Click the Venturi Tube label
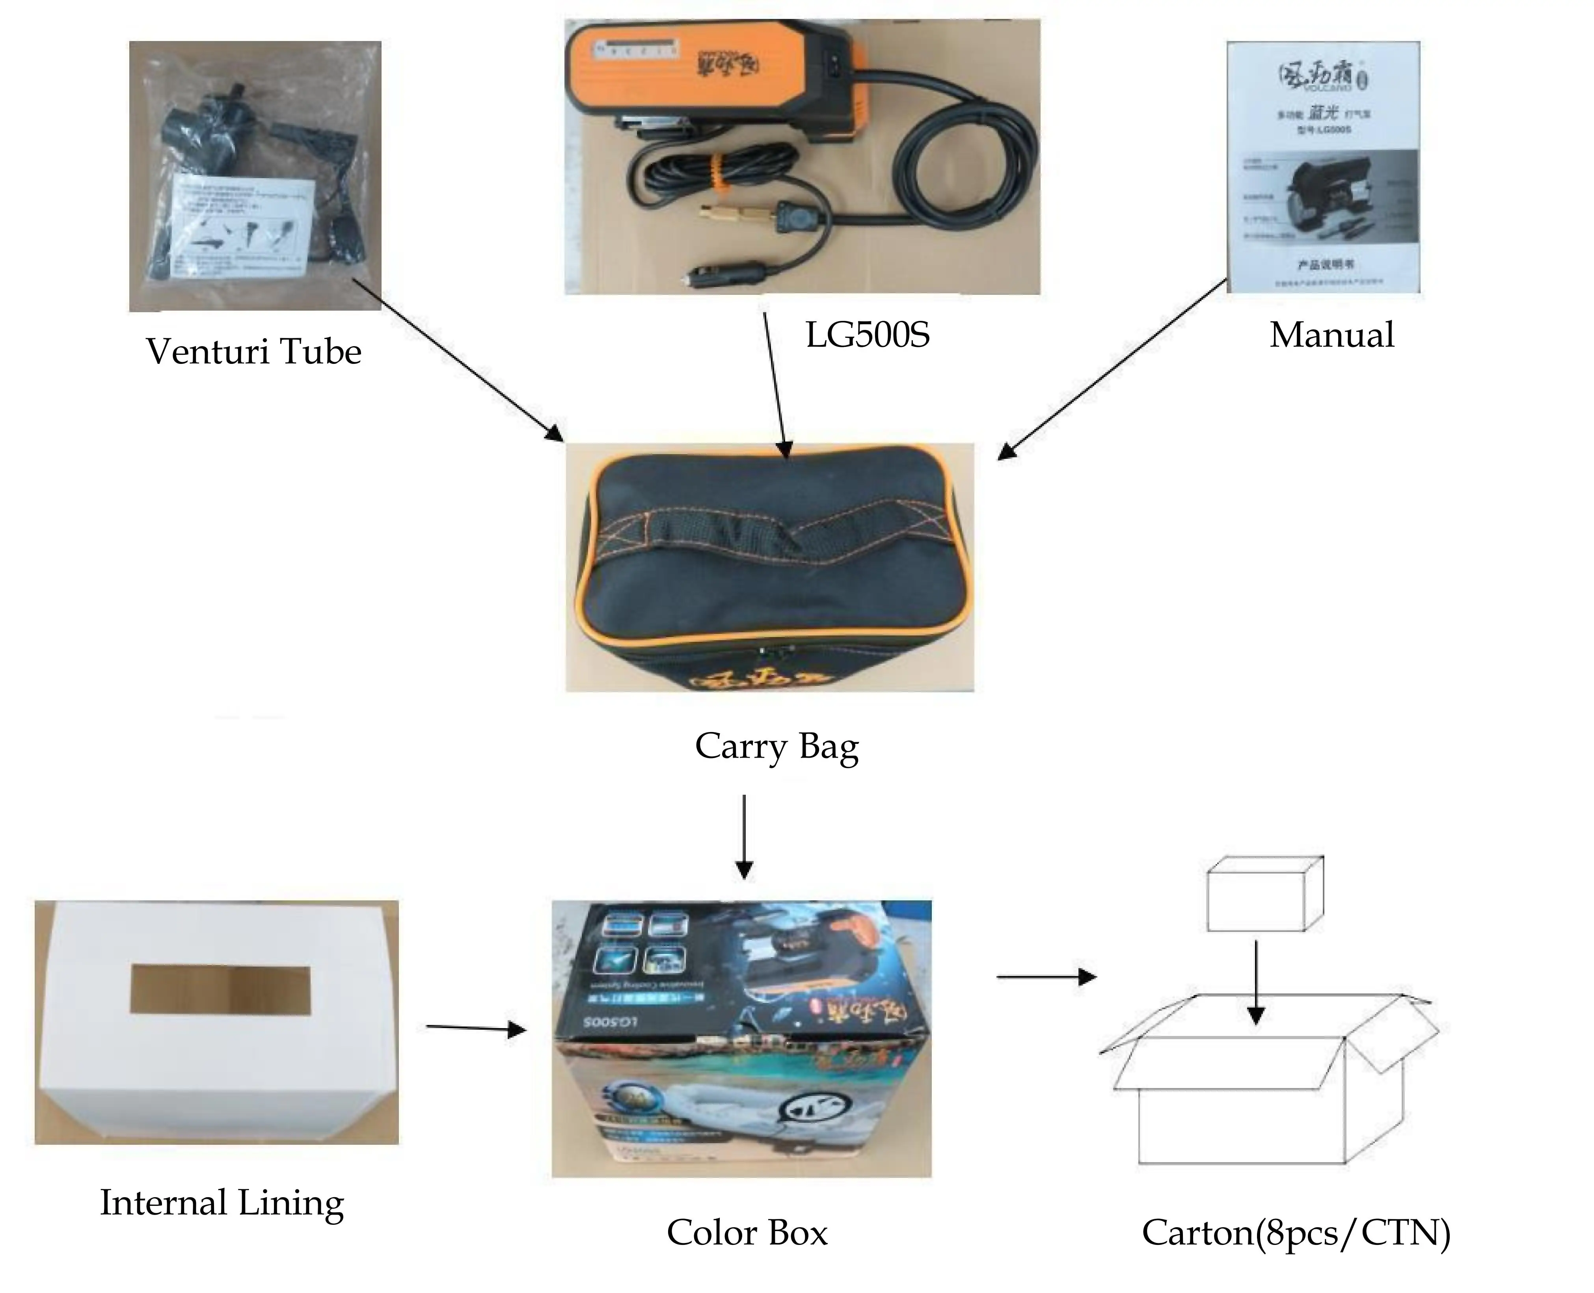pyautogui.click(x=253, y=352)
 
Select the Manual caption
pyautogui.click(x=1331, y=335)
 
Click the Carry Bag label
pyautogui.click(x=776, y=746)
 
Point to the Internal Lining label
pyautogui.click(x=222, y=1203)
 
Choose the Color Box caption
pyautogui.click(x=746, y=1233)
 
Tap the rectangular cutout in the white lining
pyautogui.click(x=220, y=990)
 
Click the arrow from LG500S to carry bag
pyautogui.click(x=775, y=380)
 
